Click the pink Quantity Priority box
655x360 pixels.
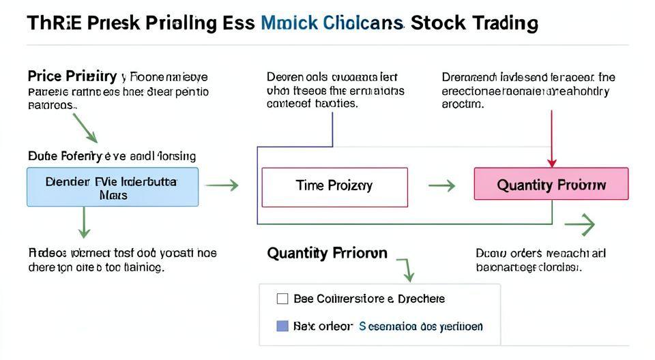[x=551, y=184]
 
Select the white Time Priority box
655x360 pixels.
[x=334, y=187]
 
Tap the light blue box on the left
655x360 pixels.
[x=113, y=187]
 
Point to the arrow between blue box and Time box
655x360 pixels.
[x=222, y=185]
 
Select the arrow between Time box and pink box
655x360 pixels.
[x=441, y=185]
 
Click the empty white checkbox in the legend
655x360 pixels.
[x=282, y=299]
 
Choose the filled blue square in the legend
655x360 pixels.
[x=282, y=326]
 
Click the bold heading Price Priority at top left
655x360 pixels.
[x=72, y=76]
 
